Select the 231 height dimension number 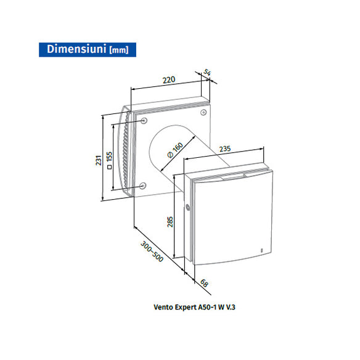coord(98,161)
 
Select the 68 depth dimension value coord(204,284)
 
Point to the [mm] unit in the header coord(119,50)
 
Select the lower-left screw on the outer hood coord(143,186)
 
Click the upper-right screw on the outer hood coord(202,113)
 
